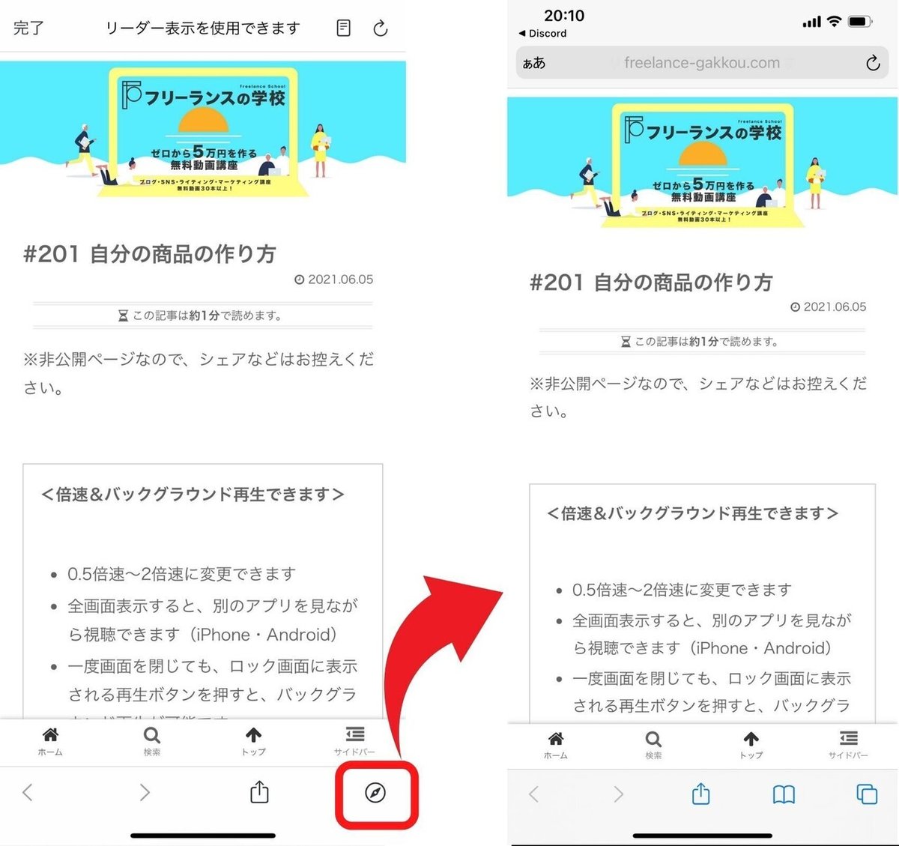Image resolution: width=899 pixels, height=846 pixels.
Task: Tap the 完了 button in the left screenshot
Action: point(28,28)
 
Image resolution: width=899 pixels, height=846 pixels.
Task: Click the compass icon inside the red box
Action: point(375,792)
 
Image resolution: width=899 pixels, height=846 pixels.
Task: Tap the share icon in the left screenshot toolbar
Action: point(259,792)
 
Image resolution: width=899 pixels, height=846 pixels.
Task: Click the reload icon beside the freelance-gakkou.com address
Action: point(873,63)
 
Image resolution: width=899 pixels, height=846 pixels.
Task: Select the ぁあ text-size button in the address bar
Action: point(534,64)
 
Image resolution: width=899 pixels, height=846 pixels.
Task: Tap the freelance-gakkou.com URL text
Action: point(701,63)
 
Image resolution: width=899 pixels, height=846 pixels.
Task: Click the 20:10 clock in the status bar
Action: point(564,16)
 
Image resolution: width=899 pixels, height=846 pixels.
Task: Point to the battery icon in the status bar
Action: point(860,22)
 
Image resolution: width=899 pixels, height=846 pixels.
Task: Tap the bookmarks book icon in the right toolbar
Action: point(784,794)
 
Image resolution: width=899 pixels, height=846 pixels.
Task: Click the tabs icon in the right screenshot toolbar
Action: point(867,794)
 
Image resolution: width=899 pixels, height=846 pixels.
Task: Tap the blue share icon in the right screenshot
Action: point(700,794)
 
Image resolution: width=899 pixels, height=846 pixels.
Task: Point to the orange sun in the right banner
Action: point(703,154)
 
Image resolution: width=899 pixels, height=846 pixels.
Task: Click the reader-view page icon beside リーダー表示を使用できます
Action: point(343,28)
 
